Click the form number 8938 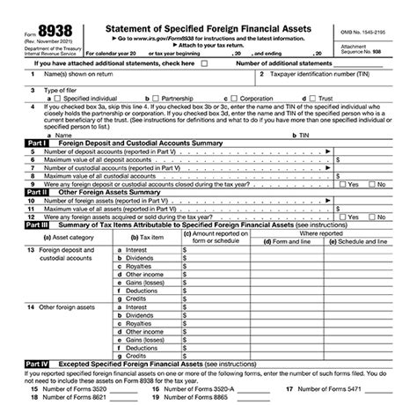(54, 33)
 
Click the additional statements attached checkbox (204, 64)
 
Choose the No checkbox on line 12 (369, 217)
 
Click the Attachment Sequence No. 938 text (370, 47)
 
